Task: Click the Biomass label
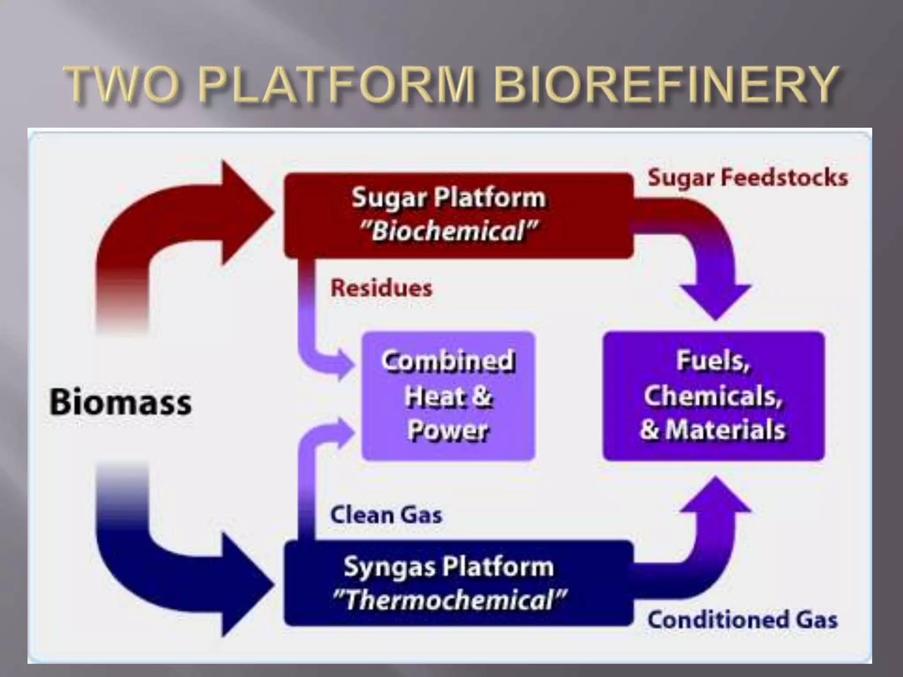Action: click(120, 402)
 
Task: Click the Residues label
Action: click(381, 288)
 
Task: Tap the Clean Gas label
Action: click(386, 515)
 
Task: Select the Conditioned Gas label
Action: click(743, 620)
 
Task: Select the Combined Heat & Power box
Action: click(448, 396)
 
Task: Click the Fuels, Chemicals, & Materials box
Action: click(713, 396)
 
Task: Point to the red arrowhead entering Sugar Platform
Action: click(245, 212)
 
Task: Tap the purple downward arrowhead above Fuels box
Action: click(716, 300)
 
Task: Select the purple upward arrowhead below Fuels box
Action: click(716, 496)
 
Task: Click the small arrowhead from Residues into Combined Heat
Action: click(345, 365)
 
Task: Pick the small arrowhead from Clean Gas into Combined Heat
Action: click(345, 432)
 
